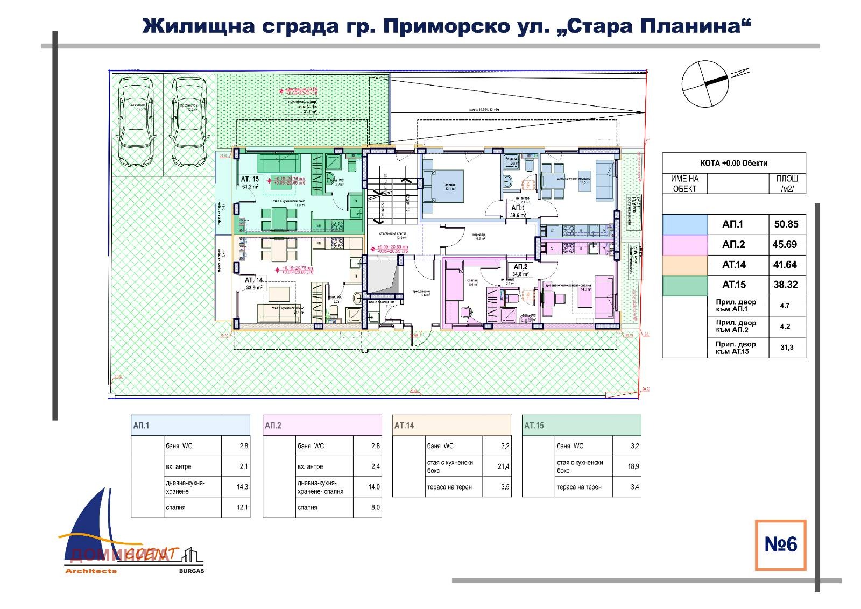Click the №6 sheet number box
780,544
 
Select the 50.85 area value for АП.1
787,224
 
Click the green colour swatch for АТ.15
684,285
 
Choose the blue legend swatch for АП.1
684,224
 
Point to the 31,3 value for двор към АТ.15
787,348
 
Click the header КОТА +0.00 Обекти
733,163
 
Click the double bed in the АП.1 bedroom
443,186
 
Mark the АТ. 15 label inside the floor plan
249,179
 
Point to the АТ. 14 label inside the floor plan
253,280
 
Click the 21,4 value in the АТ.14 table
503,466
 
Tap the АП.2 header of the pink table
273,426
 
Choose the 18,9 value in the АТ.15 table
633,466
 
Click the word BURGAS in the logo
191,571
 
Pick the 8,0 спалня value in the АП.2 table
375,507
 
